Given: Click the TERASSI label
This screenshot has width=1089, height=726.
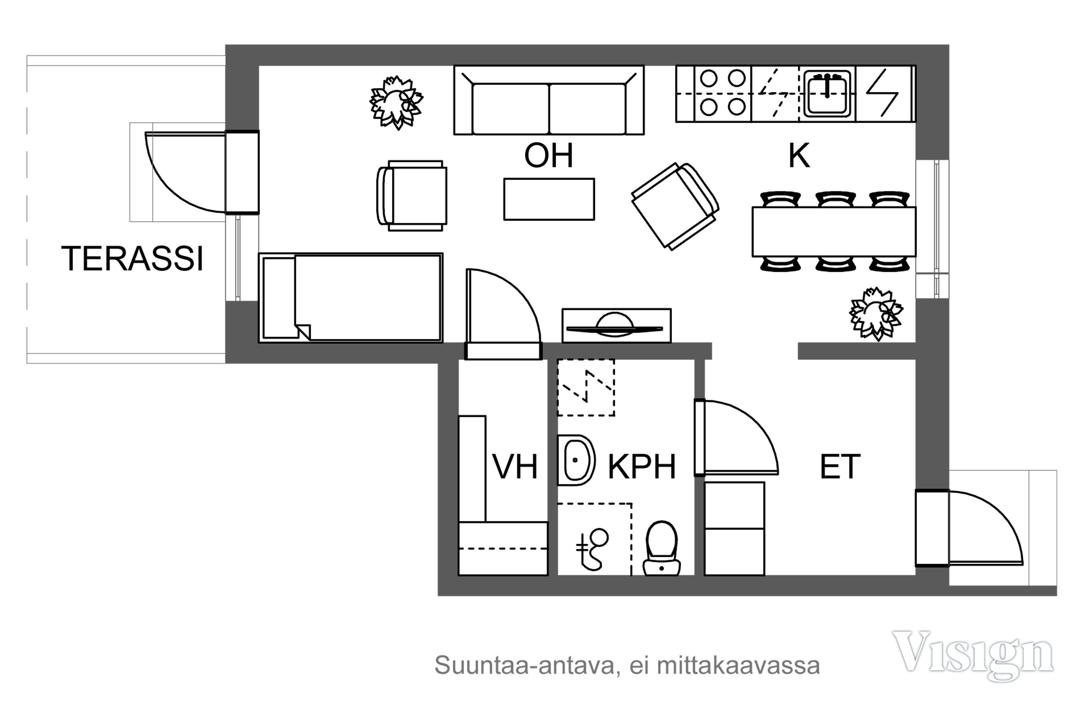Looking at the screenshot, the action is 132,258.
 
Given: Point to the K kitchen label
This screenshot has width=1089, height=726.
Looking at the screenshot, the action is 799,156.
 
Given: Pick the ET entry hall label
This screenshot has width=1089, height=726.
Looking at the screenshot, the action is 840,467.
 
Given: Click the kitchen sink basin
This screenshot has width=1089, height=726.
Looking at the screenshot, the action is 827,94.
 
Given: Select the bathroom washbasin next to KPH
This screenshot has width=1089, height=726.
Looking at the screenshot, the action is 576,460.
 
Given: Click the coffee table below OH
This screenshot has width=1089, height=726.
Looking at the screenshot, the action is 549,199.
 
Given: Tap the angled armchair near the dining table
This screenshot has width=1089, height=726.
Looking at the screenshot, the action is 675,207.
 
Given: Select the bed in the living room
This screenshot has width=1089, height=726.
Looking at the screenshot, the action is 351,298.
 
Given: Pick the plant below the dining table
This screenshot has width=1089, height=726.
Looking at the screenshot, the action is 876,314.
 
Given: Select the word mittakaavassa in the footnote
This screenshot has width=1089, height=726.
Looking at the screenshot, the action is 738,665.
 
